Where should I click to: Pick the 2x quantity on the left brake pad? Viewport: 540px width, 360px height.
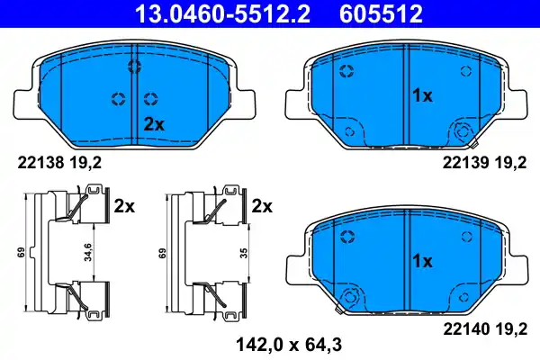(154, 124)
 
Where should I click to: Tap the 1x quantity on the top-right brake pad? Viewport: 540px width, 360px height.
(423, 94)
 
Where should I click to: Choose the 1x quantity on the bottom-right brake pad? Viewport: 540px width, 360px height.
(423, 261)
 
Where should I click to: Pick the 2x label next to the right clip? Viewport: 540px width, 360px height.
(261, 206)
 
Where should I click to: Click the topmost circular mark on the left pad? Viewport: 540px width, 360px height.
(134, 66)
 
